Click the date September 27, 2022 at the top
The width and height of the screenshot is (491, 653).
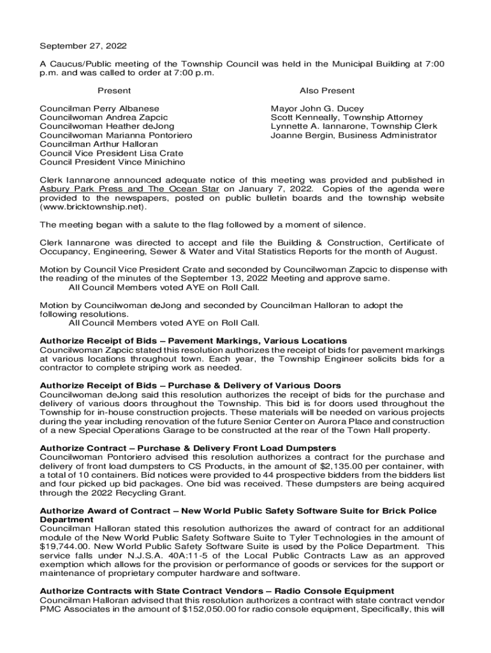(84, 46)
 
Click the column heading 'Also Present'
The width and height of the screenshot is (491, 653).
(327, 91)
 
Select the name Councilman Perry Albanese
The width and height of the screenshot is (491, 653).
(99, 108)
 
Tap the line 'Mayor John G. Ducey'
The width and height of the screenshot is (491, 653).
(318, 108)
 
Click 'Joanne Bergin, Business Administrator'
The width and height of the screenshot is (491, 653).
(354, 135)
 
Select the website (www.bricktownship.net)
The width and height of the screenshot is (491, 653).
(93, 207)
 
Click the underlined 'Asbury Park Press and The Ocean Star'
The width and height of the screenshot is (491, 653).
(129, 189)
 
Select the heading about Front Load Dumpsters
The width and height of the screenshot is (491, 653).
(187, 448)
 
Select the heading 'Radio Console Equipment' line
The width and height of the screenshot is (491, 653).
(217, 591)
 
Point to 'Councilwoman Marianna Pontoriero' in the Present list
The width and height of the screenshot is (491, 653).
(116, 135)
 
